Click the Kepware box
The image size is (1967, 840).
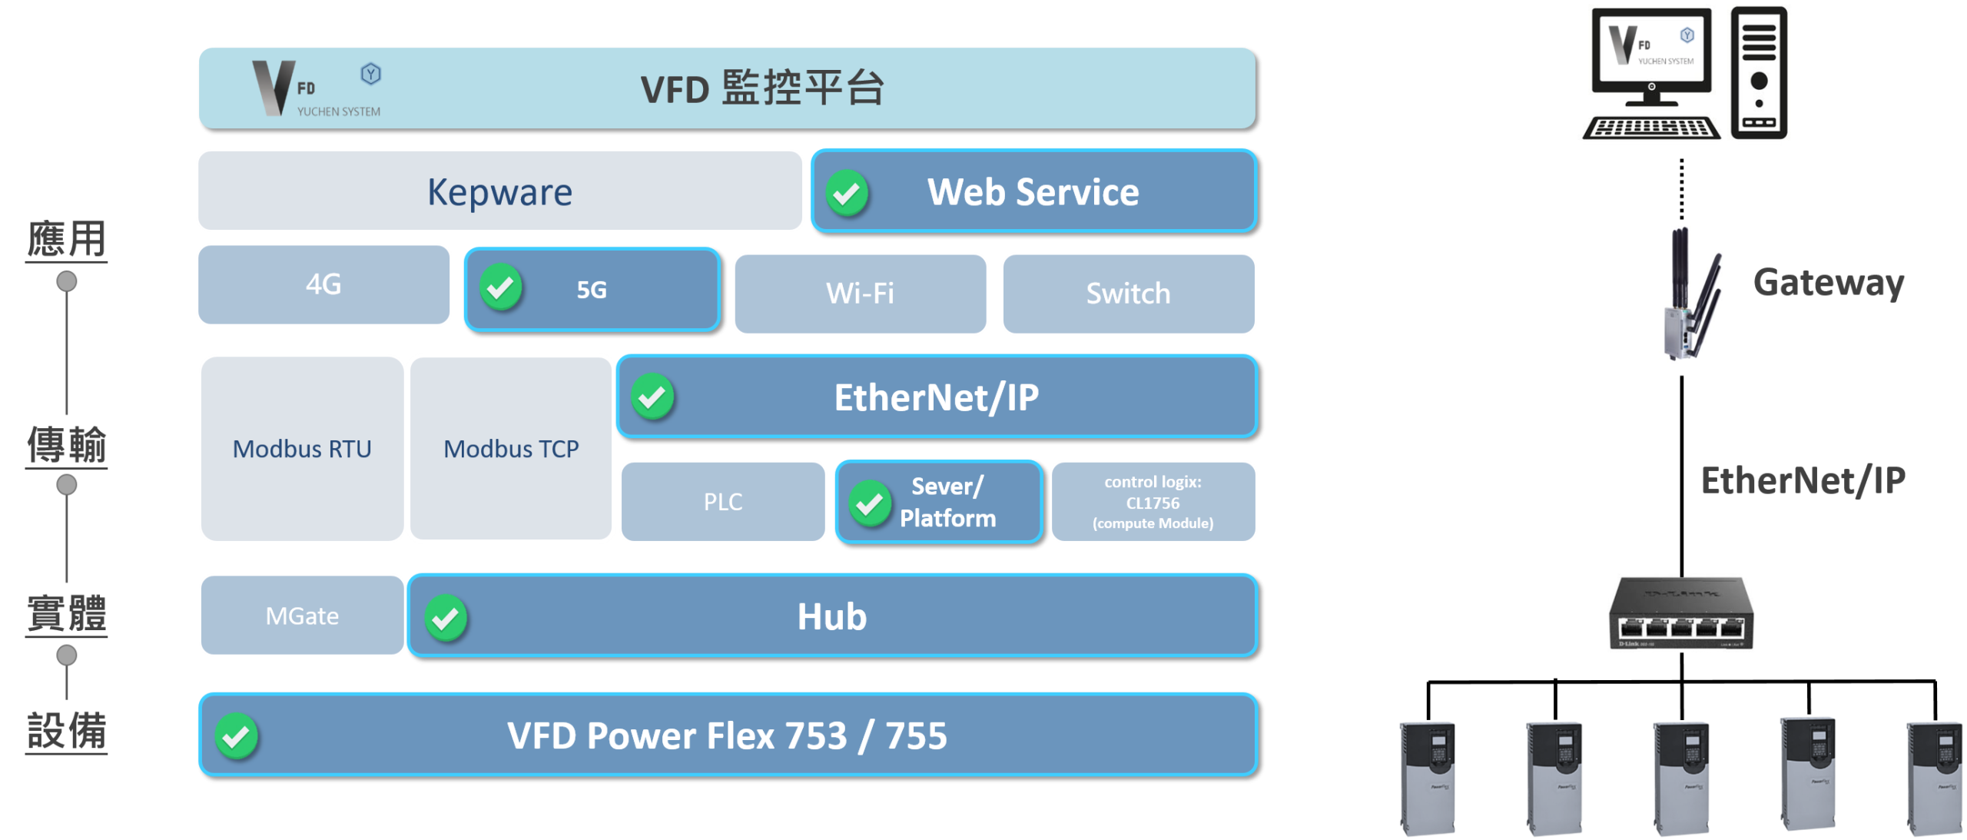[499, 191]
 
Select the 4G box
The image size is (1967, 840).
[323, 285]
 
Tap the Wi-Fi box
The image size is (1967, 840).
[860, 294]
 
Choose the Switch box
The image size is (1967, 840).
[1128, 294]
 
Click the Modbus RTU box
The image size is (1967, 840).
[302, 449]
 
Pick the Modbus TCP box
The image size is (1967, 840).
[511, 449]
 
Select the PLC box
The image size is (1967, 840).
[723, 502]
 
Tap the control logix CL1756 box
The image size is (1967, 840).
[1153, 502]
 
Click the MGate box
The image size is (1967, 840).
[302, 616]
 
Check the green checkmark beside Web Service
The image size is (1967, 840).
[847, 193]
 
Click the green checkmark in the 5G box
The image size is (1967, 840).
[501, 287]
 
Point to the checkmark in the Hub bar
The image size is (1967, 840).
[446, 618]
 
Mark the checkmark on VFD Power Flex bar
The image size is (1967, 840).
[236, 736]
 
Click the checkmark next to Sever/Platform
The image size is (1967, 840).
[869, 503]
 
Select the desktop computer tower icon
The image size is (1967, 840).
[1759, 73]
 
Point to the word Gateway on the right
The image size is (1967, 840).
[1829, 283]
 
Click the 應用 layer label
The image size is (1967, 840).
[67, 238]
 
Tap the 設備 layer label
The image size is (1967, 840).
[67, 730]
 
